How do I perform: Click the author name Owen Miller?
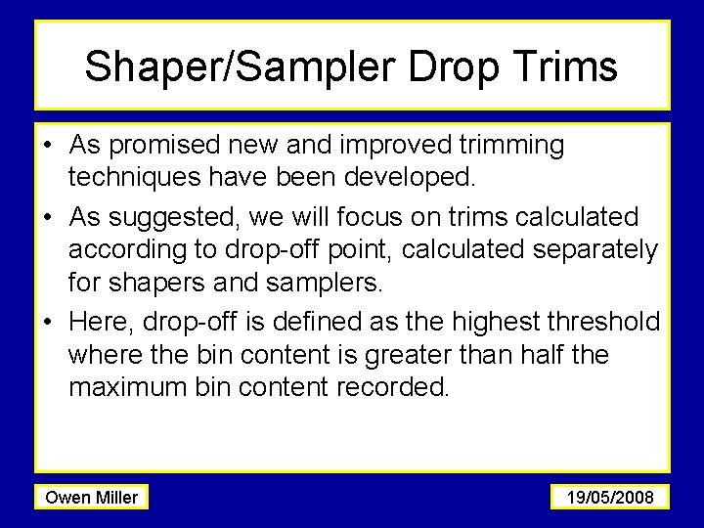(x=92, y=498)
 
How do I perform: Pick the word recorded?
(x=392, y=387)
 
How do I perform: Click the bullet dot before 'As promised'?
(x=48, y=147)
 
